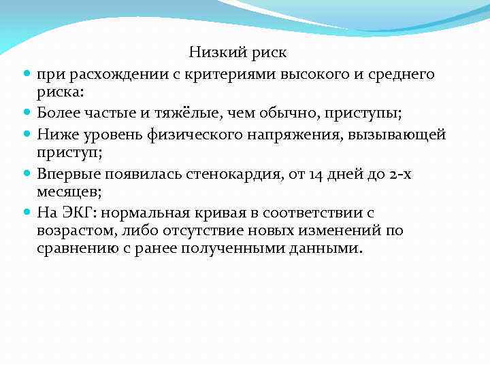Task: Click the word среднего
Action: coord(399,73)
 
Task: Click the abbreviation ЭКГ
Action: coord(78,213)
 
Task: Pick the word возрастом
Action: coord(74,230)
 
